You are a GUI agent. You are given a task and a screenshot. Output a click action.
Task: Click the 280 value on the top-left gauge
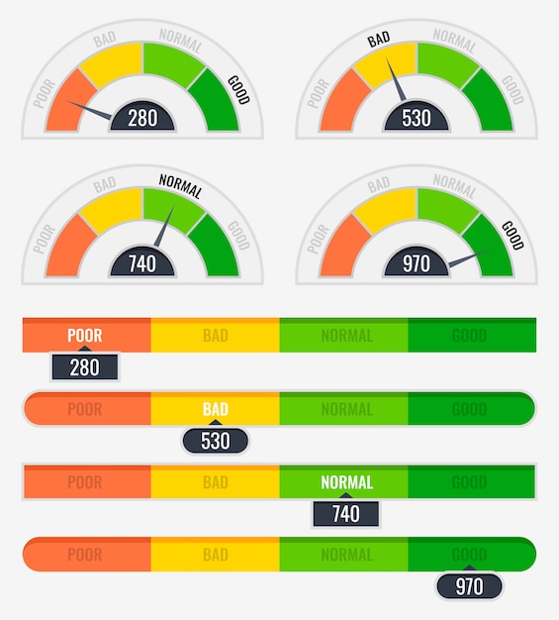tap(142, 118)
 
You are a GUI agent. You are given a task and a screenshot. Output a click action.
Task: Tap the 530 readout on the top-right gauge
tap(416, 118)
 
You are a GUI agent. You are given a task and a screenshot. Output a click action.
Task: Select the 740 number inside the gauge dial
tap(142, 263)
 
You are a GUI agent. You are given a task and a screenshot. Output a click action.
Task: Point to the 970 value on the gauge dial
tap(416, 263)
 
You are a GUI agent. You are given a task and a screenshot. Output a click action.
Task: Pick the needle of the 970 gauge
tap(463, 259)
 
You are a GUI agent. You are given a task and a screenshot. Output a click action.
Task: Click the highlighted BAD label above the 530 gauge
tap(379, 40)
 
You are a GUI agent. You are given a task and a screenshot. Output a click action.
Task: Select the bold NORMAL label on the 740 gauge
tap(180, 185)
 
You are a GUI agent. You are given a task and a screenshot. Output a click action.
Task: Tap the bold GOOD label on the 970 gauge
tap(512, 235)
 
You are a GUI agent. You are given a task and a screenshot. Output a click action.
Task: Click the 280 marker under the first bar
tap(85, 367)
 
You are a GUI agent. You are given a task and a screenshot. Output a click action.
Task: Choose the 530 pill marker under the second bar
tap(216, 441)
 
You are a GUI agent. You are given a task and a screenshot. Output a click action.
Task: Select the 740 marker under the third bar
tap(345, 513)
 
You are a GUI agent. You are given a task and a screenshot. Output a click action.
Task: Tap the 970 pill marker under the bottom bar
tap(469, 586)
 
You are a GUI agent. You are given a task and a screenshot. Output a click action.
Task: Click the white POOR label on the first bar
tap(85, 336)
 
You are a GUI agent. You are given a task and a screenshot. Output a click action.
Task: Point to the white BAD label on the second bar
tap(216, 408)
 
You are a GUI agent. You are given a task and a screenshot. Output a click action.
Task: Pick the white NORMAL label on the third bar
tap(346, 482)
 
